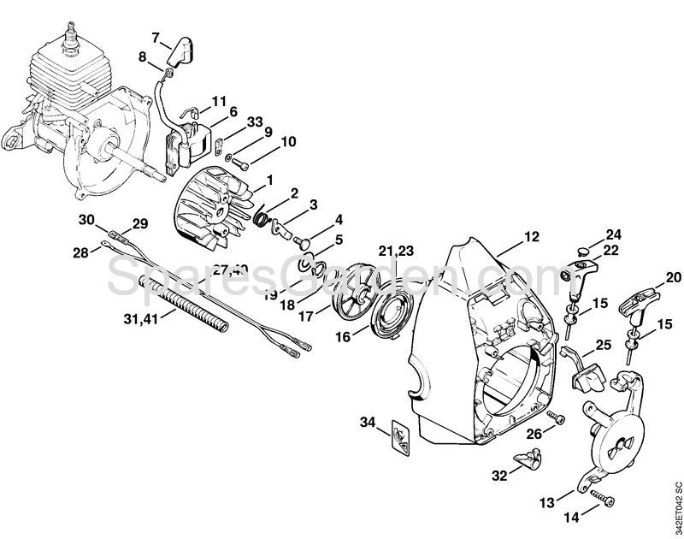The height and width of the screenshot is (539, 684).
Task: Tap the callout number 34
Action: pos(368,421)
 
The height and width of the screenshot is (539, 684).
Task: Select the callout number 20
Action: pos(673,277)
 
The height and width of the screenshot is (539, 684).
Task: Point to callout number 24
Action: pos(613,233)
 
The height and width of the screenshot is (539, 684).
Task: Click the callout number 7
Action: pos(156,37)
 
